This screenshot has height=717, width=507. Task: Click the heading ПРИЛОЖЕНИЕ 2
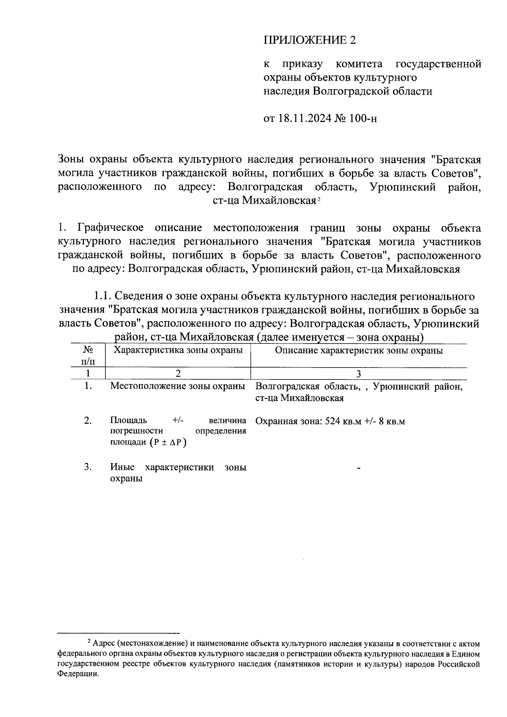310,40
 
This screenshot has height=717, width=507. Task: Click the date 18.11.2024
305,118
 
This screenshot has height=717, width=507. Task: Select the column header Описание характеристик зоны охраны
359,350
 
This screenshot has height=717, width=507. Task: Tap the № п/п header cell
88,355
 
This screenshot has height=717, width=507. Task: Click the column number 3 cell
359,374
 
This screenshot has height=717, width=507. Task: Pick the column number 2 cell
178,374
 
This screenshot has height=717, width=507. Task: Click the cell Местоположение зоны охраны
178,386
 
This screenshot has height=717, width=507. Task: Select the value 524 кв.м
343,421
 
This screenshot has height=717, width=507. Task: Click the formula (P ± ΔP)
167,442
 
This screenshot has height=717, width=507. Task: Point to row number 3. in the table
88,467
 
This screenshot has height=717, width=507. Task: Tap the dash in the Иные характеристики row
359,468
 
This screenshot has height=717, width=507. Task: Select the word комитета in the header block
359,65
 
